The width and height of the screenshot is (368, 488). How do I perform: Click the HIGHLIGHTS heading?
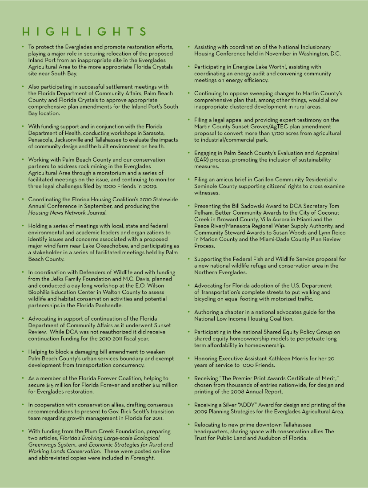(x=84, y=32)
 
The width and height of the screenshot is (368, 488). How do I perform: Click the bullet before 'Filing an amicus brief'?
(x=189, y=180)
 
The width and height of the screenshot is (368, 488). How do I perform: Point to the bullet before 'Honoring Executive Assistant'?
(x=189, y=358)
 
